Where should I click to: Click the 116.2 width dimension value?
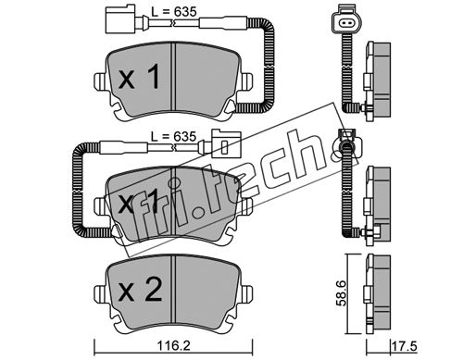pos(174,346)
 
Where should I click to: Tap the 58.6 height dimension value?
pos(342,293)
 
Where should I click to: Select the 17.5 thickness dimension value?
pos(405,346)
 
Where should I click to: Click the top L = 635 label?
pos(174,12)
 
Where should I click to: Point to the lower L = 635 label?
pos(173,136)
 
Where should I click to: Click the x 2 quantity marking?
pos(141,290)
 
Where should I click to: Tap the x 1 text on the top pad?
pos(140,77)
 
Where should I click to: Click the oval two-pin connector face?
pos(346,22)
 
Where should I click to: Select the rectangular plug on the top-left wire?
pos(119,19)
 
